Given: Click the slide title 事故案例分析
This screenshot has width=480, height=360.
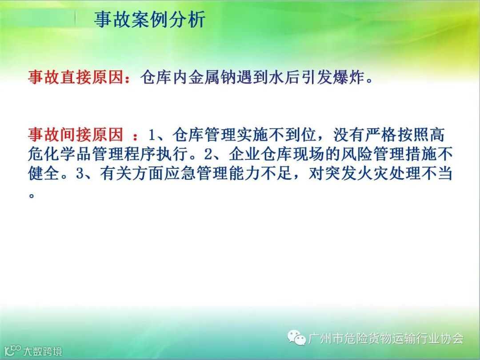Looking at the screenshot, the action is [x=150, y=20].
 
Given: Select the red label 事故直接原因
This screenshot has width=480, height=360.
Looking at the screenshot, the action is [x=76, y=77].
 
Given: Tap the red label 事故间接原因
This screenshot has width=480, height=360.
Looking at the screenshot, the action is [x=76, y=135].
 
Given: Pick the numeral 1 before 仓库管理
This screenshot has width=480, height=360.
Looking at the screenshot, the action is [x=152, y=135].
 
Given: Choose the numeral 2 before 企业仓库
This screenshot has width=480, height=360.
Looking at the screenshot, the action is [x=208, y=154].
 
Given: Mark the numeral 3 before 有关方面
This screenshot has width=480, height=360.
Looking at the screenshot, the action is [x=80, y=174].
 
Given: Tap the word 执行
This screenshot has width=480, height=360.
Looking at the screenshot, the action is [x=172, y=154].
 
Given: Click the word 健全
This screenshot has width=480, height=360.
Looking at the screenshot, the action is [x=44, y=174].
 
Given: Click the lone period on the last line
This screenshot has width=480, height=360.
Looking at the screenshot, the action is [x=31, y=195].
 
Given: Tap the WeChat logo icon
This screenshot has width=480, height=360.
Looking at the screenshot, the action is [x=296, y=338].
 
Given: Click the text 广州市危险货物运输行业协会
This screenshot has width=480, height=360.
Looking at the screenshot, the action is [x=386, y=338].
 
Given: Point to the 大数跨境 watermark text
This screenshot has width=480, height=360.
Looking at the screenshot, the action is [x=43, y=351].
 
